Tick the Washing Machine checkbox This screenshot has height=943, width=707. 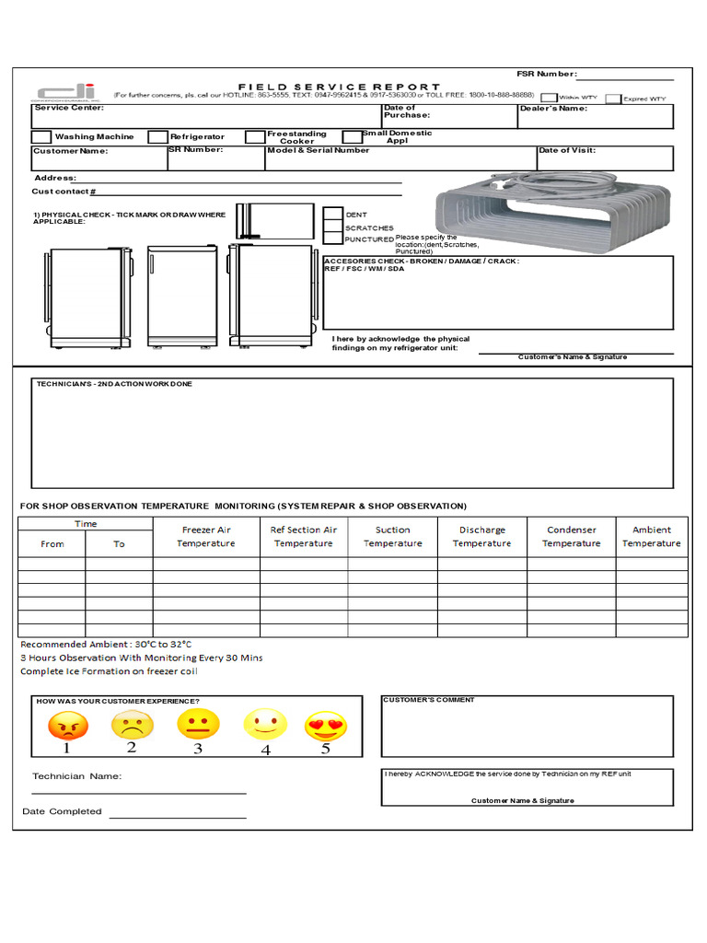click(41, 136)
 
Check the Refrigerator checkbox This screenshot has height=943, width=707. click(157, 136)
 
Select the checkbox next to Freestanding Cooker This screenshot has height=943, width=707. click(255, 136)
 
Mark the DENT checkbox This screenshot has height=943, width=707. click(332, 215)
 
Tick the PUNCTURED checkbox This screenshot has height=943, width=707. click(332, 239)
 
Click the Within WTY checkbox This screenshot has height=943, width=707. click(549, 97)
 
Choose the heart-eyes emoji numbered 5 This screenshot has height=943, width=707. click(325, 726)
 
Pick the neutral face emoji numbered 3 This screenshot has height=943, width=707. click(197, 725)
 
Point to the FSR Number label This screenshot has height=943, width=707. click(546, 74)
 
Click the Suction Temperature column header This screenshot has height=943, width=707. click(392, 536)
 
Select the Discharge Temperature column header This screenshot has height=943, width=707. click(481, 536)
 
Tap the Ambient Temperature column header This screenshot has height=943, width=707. click(651, 536)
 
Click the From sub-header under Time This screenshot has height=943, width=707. click(52, 543)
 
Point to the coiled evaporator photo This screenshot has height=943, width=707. click(554, 214)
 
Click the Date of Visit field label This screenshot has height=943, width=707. click(567, 150)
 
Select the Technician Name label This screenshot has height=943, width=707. click(76, 776)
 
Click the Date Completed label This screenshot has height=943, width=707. click(62, 811)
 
